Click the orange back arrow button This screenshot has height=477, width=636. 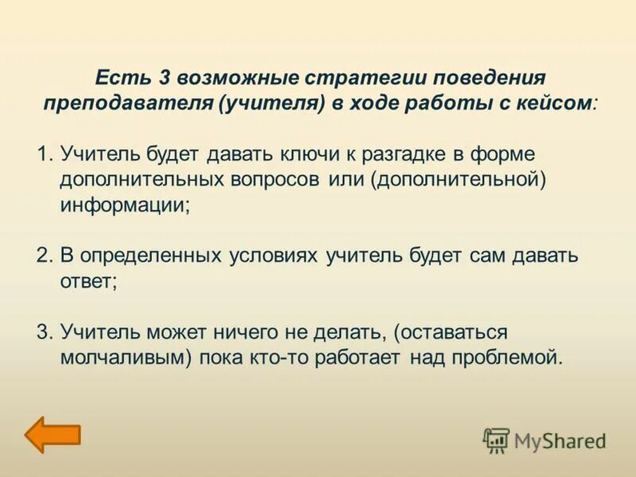point(52,434)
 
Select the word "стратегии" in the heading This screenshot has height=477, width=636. point(359,79)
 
